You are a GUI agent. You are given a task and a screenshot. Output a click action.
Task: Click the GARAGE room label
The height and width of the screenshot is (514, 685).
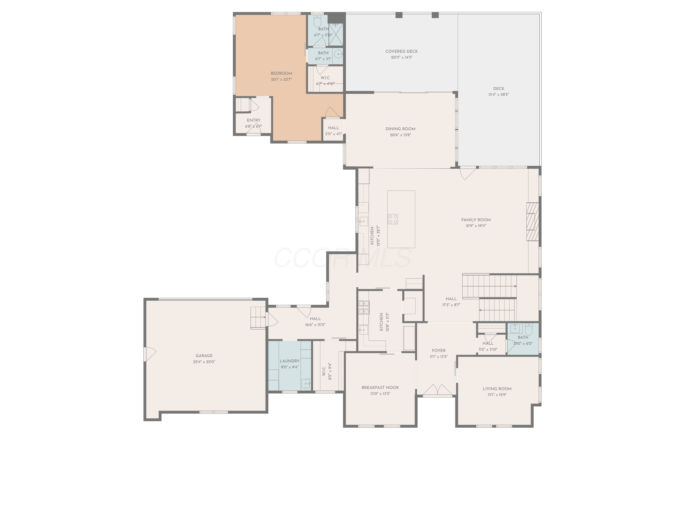click(204, 356)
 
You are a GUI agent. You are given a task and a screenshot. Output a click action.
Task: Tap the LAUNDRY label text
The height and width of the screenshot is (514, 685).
click(290, 361)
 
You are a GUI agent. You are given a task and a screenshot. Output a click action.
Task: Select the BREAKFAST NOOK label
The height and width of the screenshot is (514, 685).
click(380, 388)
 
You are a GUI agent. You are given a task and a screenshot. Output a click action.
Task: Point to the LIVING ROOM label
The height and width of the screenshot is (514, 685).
click(497, 389)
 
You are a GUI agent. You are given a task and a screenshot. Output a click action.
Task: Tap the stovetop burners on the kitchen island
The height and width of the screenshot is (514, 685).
click(393, 219)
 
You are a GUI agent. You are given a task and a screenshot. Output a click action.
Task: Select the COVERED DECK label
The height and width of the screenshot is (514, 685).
click(402, 51)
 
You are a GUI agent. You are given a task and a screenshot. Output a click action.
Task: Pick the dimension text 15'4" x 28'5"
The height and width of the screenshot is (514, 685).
click(499, 95)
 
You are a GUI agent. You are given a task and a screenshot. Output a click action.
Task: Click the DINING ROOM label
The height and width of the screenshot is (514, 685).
click(400, 129)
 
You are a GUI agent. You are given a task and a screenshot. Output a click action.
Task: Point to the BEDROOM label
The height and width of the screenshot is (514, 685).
click(281, 73)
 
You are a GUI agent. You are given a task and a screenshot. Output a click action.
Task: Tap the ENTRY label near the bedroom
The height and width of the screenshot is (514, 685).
click(254, 120)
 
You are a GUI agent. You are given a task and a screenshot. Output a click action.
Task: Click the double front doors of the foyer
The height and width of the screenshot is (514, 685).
click(437, 390)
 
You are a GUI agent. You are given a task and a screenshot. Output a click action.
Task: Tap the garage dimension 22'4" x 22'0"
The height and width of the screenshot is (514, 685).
click(204, 362)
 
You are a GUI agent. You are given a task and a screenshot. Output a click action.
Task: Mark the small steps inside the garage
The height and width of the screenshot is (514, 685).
click(258, 317)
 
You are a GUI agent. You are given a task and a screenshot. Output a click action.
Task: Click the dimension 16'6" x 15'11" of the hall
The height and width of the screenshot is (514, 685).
click(315, 325)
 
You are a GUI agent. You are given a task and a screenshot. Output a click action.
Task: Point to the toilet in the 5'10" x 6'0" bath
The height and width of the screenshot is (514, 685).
click(528, 329)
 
